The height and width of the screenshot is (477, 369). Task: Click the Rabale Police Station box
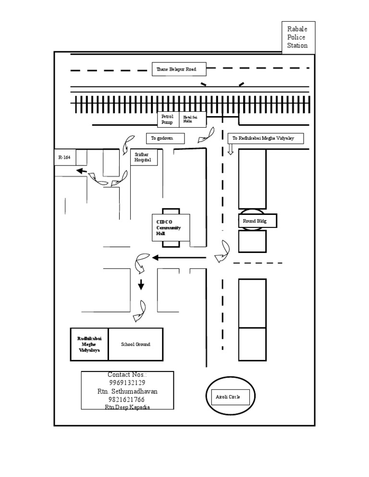298,37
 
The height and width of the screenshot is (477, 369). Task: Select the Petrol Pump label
168,119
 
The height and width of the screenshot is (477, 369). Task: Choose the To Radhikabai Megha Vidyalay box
265,138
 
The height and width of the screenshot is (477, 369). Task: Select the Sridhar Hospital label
143,157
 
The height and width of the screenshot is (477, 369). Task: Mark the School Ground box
135,344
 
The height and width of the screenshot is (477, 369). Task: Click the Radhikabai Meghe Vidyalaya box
89,344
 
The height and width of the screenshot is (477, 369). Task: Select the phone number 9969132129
127,382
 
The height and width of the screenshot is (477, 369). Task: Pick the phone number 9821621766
127,399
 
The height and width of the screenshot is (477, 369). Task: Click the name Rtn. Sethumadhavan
127,391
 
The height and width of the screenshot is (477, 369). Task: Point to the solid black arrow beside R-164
81,170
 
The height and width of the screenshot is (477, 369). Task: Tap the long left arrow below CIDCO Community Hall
179,258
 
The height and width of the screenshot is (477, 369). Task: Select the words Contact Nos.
127,374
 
